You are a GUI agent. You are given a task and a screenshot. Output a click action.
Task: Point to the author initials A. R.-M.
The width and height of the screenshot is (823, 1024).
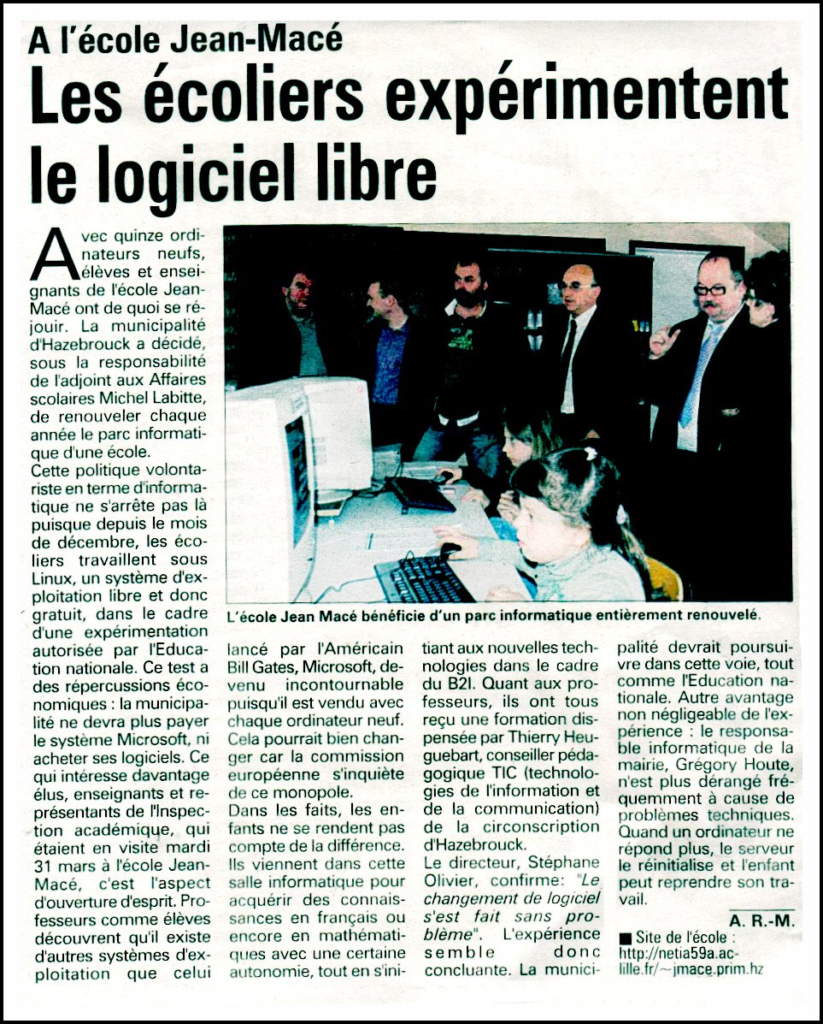tap(761, 920)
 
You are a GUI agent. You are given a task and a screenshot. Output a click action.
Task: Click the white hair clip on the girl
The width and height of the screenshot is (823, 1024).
tap(591, 453)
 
